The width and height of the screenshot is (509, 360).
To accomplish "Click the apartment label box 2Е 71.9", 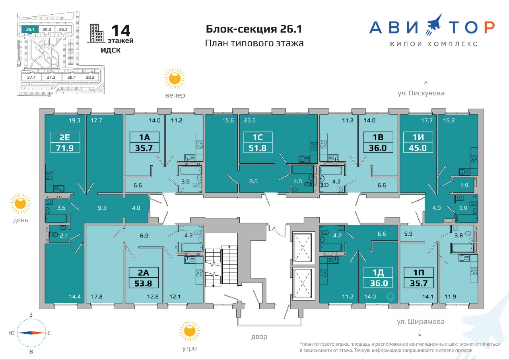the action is pos(65,142).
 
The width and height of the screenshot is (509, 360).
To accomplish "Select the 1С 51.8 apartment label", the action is pos(258,142).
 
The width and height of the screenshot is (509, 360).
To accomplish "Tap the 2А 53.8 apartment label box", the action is pos(144,278).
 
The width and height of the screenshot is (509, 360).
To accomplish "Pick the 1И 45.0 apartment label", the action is pos(418,142).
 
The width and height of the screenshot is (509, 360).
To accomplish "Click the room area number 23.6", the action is pos(249,120).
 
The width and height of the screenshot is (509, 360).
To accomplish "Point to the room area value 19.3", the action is pos(74,120).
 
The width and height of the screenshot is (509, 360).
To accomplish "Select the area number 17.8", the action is pos(97,296).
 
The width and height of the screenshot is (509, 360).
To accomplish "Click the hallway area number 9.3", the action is pos(102,208).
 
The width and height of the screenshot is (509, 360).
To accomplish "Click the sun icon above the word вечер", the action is pos(175,79).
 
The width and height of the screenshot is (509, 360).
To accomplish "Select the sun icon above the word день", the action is pos(20,203).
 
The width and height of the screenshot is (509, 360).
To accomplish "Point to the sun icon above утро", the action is pos(190,331).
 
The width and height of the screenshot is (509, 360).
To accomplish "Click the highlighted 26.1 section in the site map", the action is pos(30,29).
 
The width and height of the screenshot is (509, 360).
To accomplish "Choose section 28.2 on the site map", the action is pos(90,77).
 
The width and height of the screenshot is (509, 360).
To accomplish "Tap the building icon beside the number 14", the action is pos(96,33).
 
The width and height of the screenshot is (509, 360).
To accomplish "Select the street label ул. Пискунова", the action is pos(421,93).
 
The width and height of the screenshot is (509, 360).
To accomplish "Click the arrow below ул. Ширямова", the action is pos(420,332).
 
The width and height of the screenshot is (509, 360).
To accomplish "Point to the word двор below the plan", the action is pos(259,337).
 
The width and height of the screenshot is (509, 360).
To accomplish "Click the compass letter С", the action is pos(49,333).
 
